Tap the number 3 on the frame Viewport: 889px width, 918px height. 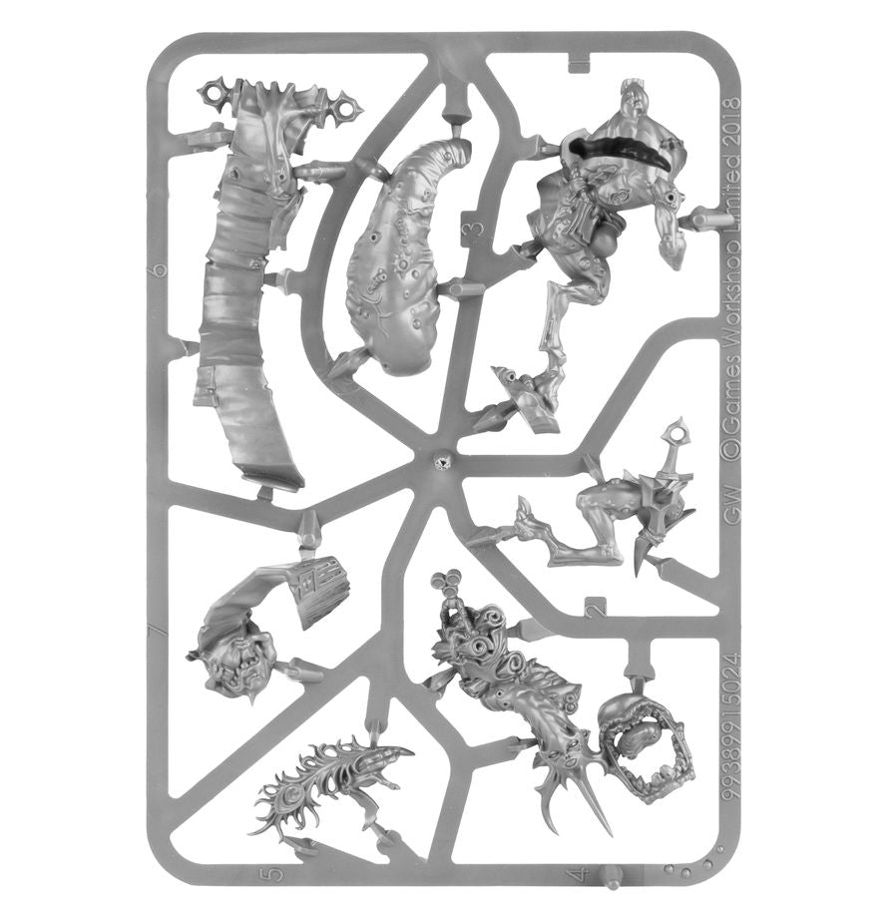(x=477, y=231)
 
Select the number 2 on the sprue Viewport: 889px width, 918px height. (x=596, y=607)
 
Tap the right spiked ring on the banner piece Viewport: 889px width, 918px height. (x=347, y=103)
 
